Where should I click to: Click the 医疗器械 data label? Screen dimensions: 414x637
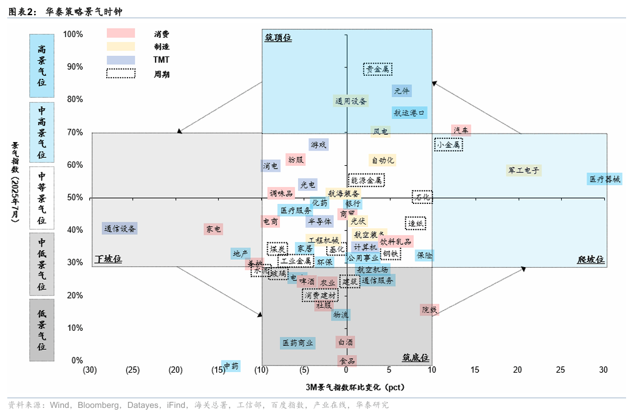[605, 179]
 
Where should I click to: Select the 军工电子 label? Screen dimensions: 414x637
[523, 171]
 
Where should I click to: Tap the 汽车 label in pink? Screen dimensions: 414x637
[461, 131]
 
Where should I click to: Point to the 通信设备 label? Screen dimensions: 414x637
[120, 229]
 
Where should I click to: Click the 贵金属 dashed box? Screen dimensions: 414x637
[378, 69]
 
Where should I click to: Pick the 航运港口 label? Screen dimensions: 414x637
[410, 113]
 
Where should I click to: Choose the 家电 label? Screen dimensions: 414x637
[213, 229]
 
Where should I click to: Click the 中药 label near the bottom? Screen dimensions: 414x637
[231, 366]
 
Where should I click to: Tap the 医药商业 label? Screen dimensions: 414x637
[298, 343]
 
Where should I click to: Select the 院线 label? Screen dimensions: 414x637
[429, 310]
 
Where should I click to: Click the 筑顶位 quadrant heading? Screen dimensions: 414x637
[278, 38]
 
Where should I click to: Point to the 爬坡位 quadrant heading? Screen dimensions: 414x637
[591, 260]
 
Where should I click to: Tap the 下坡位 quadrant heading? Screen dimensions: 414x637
[108, 259]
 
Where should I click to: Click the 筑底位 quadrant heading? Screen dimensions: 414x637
[415, 358]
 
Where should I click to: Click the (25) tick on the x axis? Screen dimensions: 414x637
[133, 370]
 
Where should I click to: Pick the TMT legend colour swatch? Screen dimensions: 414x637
[120, 60]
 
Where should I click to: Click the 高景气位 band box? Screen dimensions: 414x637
[42, 65]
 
